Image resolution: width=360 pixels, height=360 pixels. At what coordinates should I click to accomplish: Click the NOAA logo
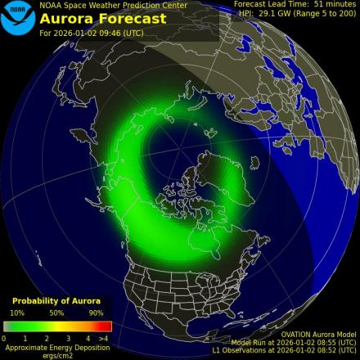pos(18,18)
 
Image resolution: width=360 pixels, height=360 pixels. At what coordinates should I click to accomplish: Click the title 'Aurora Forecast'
pos(92,18)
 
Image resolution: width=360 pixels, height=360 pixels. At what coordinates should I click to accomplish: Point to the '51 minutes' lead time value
pos(333,4)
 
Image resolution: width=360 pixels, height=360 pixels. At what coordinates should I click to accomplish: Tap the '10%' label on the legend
pos(16,313)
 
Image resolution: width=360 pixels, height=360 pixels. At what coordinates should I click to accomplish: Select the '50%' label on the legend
pos(56,313)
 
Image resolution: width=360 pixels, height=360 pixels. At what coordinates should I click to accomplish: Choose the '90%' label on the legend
pos(97,313)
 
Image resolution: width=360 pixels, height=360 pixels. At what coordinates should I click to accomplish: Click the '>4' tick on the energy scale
pos(103,338)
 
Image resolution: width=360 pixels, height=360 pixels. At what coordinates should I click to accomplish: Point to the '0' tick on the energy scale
pos(4,338)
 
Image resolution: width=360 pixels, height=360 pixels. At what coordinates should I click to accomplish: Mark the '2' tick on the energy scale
pos(47,338)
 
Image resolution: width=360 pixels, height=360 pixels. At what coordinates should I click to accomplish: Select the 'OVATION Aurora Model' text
pos(317,334)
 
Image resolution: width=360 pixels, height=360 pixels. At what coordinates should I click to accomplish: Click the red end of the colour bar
pos(106,326)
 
